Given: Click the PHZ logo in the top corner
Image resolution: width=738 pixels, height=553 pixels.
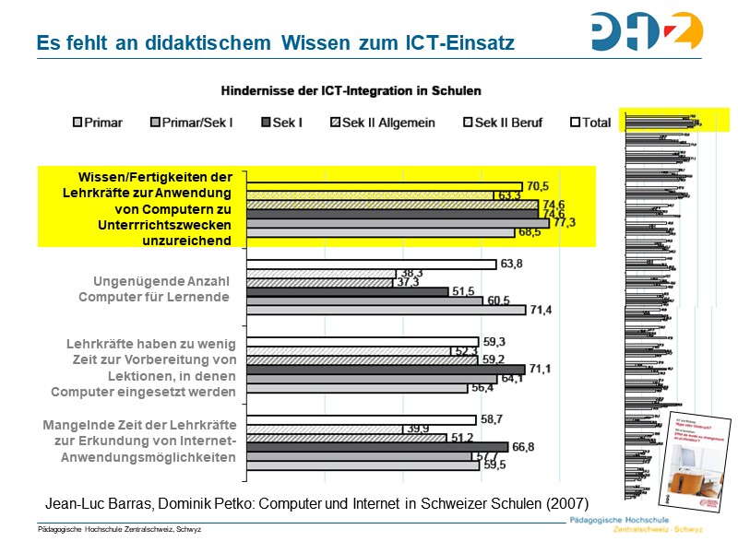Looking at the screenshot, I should coord(647,30).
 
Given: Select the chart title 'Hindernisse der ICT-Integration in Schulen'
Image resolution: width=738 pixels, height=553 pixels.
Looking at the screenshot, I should coord(350,91).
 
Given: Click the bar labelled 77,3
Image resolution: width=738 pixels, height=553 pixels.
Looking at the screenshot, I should coord(397,223).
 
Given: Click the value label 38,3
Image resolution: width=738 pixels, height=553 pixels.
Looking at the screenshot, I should coord(411,273).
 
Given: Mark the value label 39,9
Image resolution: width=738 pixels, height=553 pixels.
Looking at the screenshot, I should coord(420,429).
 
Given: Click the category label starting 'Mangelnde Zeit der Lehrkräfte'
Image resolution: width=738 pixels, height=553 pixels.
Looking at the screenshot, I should coord(140,440).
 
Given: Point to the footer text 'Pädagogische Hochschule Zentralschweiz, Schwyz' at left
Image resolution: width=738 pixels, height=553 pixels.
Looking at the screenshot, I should coord(119,529).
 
